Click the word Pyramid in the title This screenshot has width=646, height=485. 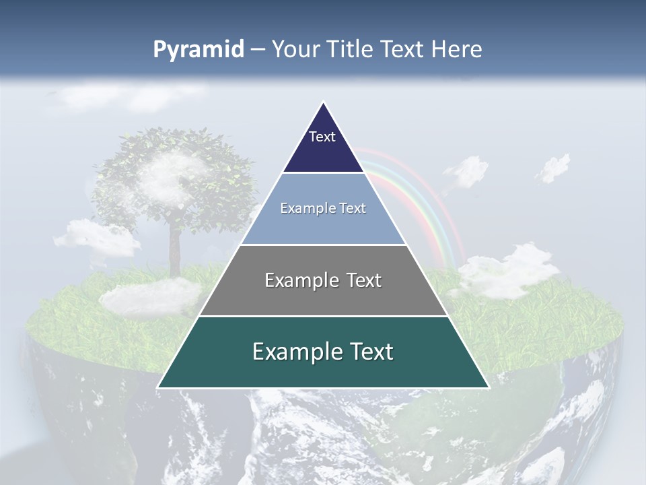(x=198, y=50)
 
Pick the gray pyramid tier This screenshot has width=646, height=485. (x=323, y=296)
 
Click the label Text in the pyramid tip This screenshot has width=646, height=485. (x=322, y=137)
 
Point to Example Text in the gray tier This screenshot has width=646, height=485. (x=323, y=280)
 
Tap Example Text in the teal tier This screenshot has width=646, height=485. (x=323, y=352)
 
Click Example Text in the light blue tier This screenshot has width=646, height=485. (x=323, y=208)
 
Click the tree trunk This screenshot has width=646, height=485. (x=175, y=249)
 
